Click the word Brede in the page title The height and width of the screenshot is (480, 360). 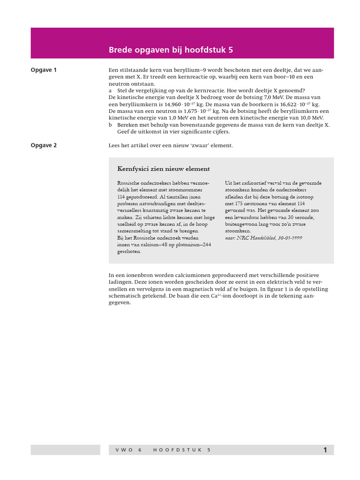(119, 49)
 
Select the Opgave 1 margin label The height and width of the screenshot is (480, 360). (44, 70)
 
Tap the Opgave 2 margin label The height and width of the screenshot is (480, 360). (44, 145)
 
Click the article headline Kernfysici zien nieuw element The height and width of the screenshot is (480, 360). (163, 169)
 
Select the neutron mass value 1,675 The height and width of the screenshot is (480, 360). (191, 111)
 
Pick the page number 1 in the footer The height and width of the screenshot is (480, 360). (325, 450)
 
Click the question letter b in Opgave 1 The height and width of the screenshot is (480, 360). (110, 125)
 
